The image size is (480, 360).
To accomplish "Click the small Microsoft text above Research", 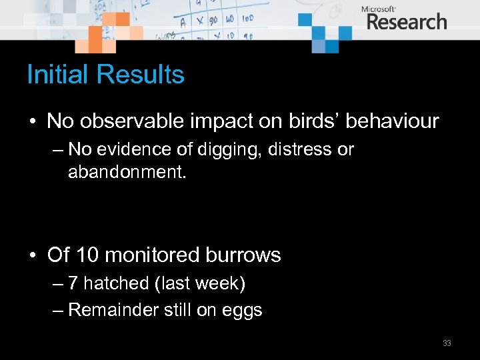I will [x=378, y=9].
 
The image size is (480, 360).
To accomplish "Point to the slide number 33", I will [x=447, y=343].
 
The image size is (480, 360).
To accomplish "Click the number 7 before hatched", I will [x=73, y=284].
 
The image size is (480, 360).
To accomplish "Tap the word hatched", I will [x=116, y=284].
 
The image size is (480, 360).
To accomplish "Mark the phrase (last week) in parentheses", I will [x=200, y=284].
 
